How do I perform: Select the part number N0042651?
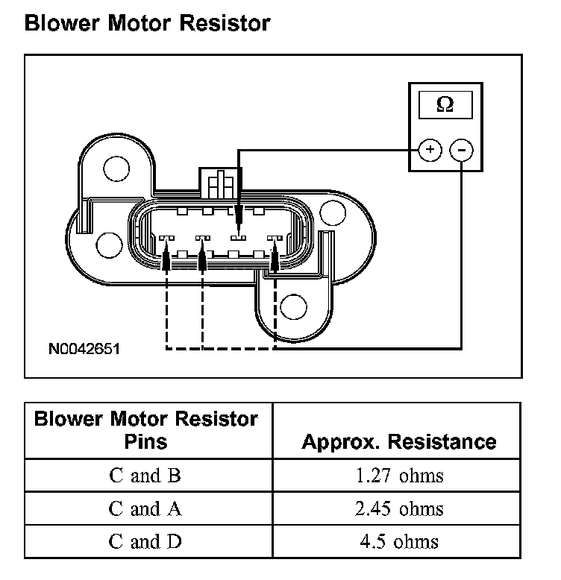coord(84,348)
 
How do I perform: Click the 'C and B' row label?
coord(145,475)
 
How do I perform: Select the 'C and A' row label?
coord(145,508)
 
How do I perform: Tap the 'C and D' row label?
coord(145,541)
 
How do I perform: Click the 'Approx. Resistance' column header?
coord(398,441)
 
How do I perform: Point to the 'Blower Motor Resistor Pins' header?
coord(146,429)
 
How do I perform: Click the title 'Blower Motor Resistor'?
coord(147,23)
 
